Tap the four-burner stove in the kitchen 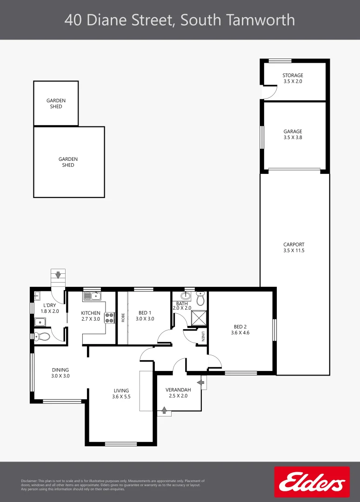pyautogui.click(x=110, y=317)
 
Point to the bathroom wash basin pyautogui.click(x=186, y=296)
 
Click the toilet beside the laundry pyautogui.click(x=41, y=337)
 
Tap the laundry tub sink pyautogui.click(x=40, y=321)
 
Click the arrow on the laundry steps pyautogui.click(x=58, y=275)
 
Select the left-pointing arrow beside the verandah pyautogui.click(x=201, y=382)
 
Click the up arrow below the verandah pyautogui.click(x=164, y=410)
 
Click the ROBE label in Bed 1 pyautogui.click(x=123, y=317)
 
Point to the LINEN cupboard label pyautogui.click(x=203, y=336)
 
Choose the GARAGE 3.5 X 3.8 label pyautogui.click(x=293, y=134)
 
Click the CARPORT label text pyautogui.click(x=293, y=244)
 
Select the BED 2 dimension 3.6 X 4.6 pyautogui.click(x=240, y=332)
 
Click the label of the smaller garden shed pyautogui.click(x=56, y=103)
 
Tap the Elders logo pyautogui.click(x=312, y=482)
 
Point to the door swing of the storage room pyautogui.click(x=268, y=93)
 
